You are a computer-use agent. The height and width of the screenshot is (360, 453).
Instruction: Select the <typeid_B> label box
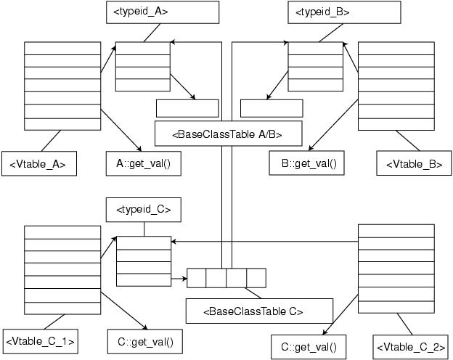tap(343, 12)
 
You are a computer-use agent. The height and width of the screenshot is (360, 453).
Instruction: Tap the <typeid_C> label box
tap(143, 210)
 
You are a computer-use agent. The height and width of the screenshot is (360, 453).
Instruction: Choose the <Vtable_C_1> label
tap(41, 340)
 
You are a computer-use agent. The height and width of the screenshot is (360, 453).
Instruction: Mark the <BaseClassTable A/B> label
tap(227, 134)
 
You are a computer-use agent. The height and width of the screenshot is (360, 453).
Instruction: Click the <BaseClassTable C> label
tap(255, 311)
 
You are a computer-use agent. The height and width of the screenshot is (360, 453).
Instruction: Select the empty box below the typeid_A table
tap(187, 108)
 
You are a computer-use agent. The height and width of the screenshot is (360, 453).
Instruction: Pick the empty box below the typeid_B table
tap(272, 108)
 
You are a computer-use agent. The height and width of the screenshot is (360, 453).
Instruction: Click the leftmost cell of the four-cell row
tap(197, 278)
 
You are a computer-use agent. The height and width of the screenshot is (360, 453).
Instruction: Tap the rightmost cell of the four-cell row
tap(256, 278)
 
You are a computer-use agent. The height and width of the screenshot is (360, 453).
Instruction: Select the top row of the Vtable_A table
tap(62, 48)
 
